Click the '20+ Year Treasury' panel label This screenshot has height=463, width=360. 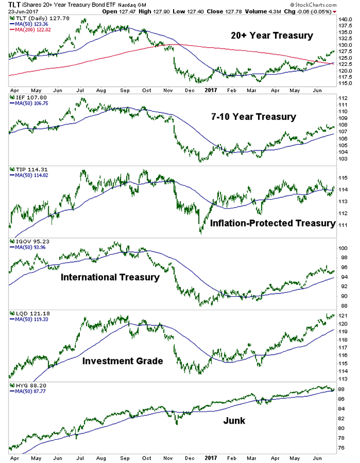[x=272, y=36]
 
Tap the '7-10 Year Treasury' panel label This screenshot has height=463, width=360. [x=255, y=116]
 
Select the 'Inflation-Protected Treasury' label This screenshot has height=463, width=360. [x=273, y=223]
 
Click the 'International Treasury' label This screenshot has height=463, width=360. [x=110, y=277]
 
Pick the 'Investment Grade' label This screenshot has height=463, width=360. [x=123, y=361]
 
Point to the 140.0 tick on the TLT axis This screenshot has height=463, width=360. [x=345, y=20]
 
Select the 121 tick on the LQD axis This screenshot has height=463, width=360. [x=342, y=315]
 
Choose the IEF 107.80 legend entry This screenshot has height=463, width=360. [x=27, y=98]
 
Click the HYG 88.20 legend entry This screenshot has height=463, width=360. [x=27, y=384]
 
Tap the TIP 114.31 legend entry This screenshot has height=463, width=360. [x=27, y=170]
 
